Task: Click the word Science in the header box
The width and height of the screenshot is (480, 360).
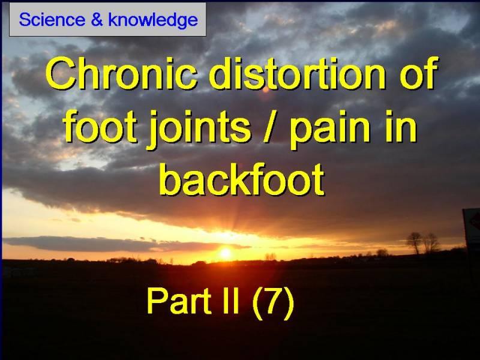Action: point(52,20)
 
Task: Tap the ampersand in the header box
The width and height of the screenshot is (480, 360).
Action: point(97,20)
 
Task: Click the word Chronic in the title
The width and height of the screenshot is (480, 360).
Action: point(122,73)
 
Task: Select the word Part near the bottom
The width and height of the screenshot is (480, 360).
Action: point(179,301)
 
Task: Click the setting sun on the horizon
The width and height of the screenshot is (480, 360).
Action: point(226,253)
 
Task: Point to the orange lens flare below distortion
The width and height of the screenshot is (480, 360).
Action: point(266,89)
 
